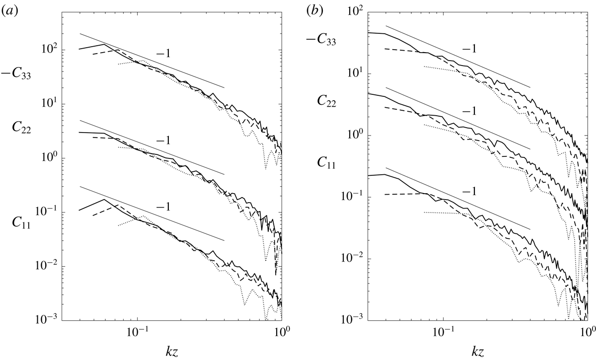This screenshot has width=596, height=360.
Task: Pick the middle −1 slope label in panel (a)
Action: (163, 141)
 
